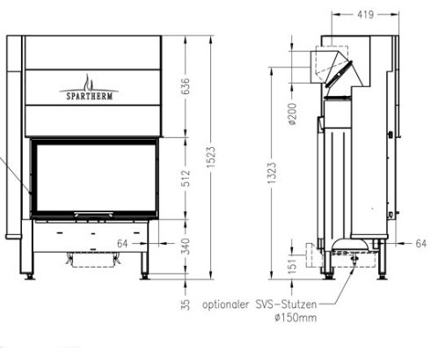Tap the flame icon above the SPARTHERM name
tap(91, 76)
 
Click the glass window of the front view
tap(93, 179)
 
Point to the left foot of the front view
tap(35, 270)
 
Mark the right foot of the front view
tap(146, 270)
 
